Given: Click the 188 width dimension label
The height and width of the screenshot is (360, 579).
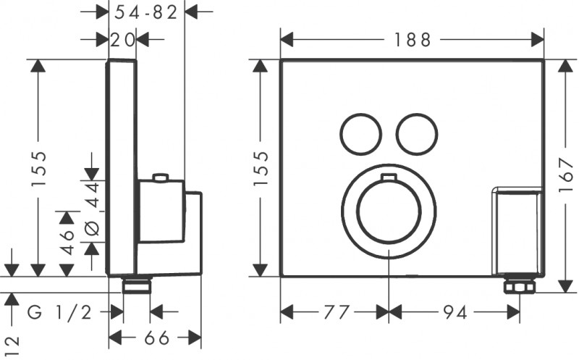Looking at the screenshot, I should pyautogui.click(x=413, y=40).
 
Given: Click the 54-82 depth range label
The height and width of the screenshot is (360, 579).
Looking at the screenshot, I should pyautogui.click(x=147, y=12).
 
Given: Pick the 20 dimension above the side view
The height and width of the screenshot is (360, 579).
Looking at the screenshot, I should pyautogui.click(x=122, y=41).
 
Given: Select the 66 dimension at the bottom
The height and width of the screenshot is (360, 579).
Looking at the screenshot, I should pyautogui.click(x=154, y=338).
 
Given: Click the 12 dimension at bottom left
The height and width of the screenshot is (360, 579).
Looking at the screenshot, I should pyautogui.click(x=10, y=341).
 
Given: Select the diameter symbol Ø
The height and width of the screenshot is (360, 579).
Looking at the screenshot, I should pyautogui.click(x=92, y=230).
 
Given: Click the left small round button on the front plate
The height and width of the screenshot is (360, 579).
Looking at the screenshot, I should pyautogui.click(x=360, y=134).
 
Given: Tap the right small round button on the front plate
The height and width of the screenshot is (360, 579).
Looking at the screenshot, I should pyautogui.click(x=417, y=134).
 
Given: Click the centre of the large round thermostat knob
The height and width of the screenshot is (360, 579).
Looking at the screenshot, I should pyautogui.click(x=389, y=211).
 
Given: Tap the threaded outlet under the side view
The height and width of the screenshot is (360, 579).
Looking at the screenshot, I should pyautogui.click(x=136, y=285).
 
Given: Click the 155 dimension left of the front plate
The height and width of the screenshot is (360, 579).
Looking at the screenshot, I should pyautogui.click(x=261, y=169).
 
